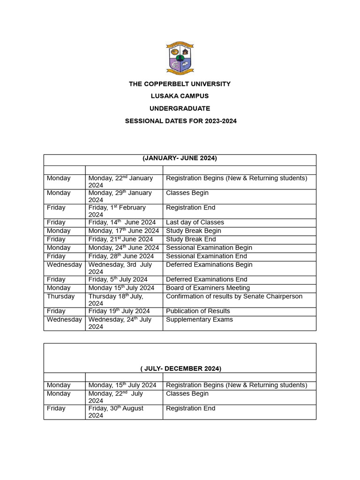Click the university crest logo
point(180,58)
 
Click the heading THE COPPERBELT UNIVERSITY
point(180,84)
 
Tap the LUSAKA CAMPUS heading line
point(180,96)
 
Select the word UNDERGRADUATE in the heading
point(180,108)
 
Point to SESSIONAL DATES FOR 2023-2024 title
point(180,121)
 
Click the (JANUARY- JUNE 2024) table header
point(180,158)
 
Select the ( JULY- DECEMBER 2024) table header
point(180,368)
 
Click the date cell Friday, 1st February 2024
point(117,211)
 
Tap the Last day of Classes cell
point(195,222)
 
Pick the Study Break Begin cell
point(194,231)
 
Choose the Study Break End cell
point(191,239)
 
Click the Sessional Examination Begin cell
point(209,247)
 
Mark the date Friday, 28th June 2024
point(121,256)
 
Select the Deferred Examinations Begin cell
point(209,264)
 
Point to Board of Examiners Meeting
point(208,288)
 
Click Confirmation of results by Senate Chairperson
point(234,296)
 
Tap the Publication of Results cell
point(198,311)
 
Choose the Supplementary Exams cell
point(199,319)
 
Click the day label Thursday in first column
point(60,296)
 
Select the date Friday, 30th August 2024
point(116,412)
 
